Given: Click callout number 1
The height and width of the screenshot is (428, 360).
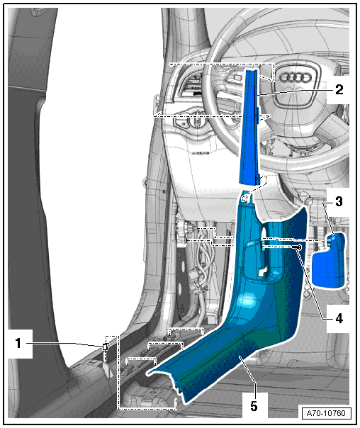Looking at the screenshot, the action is click(x=18, y=343).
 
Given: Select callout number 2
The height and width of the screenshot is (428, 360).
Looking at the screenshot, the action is click(x=339, y=89).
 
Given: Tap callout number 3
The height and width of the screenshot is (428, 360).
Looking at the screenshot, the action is click(x=339, y=202).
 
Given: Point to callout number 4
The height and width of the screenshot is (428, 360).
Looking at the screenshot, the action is click(x=339, y=319).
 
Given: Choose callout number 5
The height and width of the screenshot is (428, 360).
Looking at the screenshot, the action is click(x=254, y=406).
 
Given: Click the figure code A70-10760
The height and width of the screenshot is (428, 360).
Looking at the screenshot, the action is click(x=326, y=413).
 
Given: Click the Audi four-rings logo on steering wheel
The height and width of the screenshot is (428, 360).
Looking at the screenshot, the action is click(x=296, y=77).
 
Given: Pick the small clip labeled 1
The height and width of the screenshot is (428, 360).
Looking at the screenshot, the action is click(x=105, y=347).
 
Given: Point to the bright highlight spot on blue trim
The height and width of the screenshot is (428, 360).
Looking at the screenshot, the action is click(x=247, y=300).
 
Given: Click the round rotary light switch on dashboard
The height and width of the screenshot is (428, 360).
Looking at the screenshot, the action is click(x=197, y=120).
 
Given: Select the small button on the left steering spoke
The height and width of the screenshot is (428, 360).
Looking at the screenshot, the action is click(x=237, y=77).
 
